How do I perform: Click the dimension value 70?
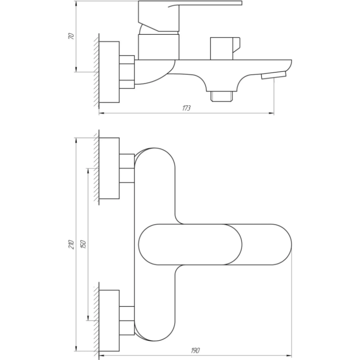tap(72, 36)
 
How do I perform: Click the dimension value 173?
tap(186, 108)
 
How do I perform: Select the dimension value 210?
tap(72, 245)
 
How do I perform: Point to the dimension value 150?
tap(83, 244)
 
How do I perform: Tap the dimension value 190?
tap(195, 350)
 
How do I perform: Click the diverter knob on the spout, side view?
tap(225, 48)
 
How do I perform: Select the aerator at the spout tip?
tap(274, 75)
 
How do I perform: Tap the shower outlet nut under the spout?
tap(222, 96)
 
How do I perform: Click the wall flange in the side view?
tap(109, 72)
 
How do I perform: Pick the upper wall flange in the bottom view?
tap(109, 168)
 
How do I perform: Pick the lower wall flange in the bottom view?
tap(109, 320)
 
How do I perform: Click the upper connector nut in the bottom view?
tap(127, 168)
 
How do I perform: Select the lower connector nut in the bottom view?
tap(127, 320)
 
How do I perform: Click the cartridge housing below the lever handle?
tap(158, 47)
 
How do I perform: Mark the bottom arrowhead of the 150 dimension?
tap(88, 318)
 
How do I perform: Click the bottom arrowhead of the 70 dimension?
tap(76, 69)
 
